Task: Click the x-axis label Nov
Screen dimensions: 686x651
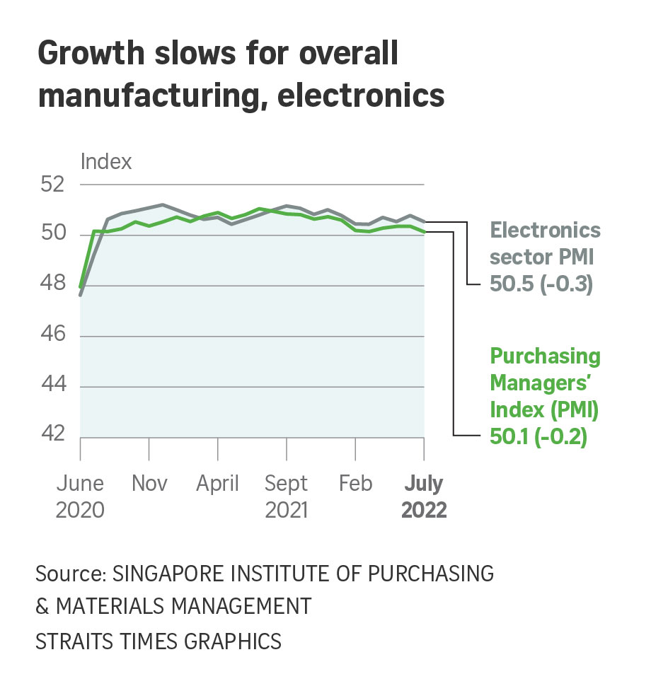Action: pos(149,484)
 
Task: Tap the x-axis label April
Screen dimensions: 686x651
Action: pos(217,484)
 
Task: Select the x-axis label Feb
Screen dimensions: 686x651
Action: pos(355,484)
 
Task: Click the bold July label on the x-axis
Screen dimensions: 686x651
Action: pos(423,484)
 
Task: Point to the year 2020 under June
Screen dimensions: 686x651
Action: pos(80,510)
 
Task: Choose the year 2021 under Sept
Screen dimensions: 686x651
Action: pos(287,510)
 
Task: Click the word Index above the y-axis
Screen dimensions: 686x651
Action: pos(106,161)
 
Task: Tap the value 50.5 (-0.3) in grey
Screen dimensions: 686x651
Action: pos(541,285)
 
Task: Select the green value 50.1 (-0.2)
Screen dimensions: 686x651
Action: pos(538,436)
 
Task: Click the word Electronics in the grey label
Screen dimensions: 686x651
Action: pos(546,231)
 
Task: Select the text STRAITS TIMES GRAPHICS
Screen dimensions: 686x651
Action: pos(159,641)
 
